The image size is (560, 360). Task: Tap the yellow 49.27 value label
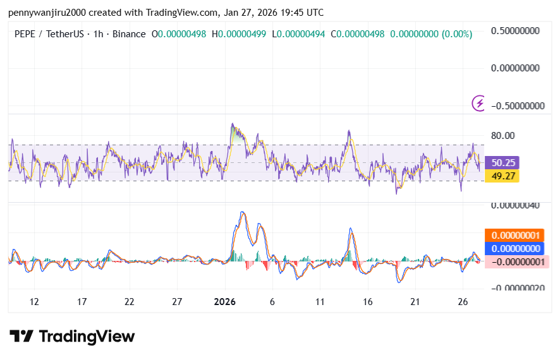click(x=502, y=176)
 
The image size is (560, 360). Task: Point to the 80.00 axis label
click(x=503, y=135)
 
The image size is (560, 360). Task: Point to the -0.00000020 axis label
click(x=517, y=288)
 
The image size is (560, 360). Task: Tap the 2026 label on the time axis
click(x=224, y=302)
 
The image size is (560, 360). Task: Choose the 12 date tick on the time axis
click(x=34, y=302)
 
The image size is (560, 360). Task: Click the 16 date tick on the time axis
click(x=368, y=302)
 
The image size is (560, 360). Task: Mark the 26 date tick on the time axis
click(x=463, y=302)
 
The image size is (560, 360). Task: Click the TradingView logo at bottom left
click(x=72, y=336)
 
